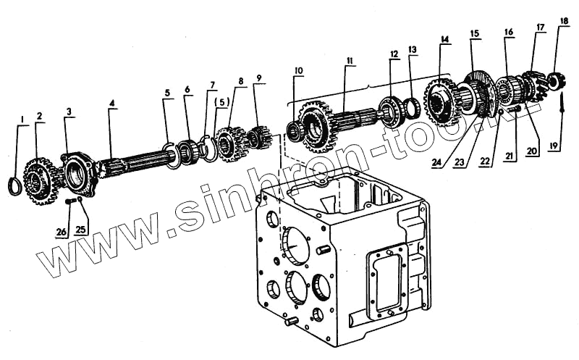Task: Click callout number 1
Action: [x=22, y=119]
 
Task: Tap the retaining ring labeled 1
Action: [x=13, y=186]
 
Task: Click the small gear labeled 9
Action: [x=259, y=136]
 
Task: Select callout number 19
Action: [x=555, y=146]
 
